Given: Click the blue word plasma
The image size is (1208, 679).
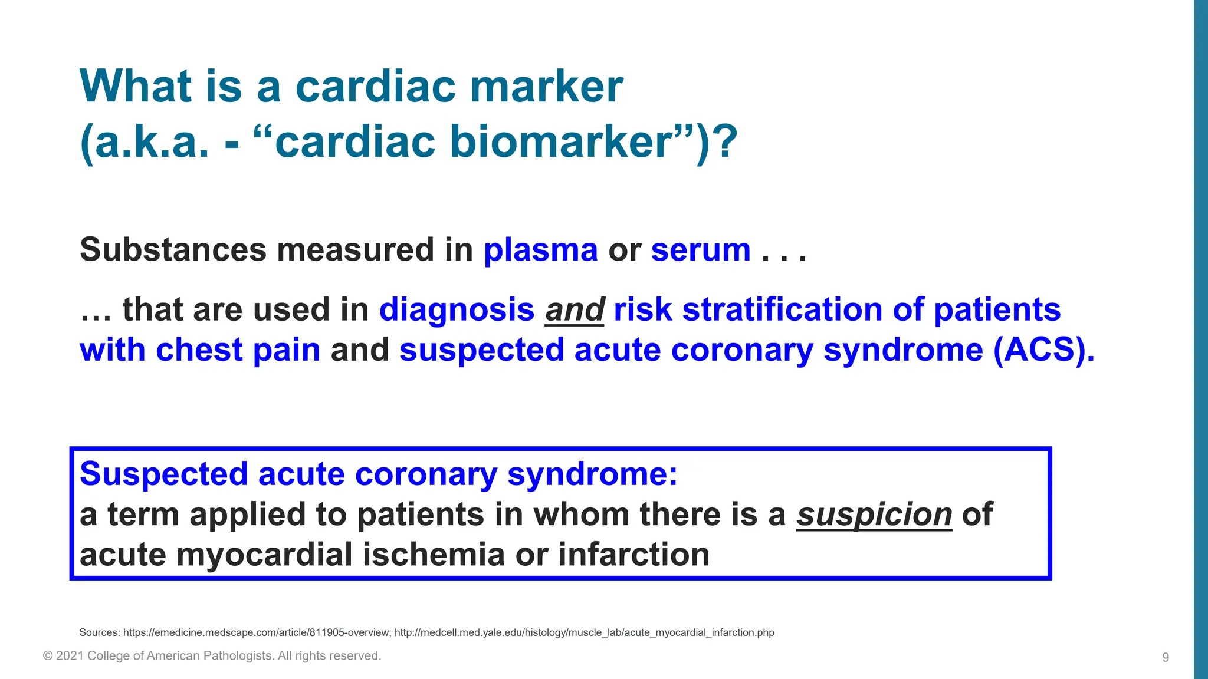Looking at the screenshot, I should coord(540,250).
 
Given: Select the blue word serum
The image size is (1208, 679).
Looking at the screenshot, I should coord(701,250).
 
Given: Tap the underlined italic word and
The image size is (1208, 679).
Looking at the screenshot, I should coord(575,310).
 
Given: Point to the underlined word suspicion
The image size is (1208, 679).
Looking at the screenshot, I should coord(874,515).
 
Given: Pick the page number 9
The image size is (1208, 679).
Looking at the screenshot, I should coord(1166,657).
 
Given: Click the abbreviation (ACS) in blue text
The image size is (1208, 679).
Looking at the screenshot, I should coord(1043,350).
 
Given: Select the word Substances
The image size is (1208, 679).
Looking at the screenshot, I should coord(173,250).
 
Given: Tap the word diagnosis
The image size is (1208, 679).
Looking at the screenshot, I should coord(457,310).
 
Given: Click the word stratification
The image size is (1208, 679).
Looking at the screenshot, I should coord(782,310).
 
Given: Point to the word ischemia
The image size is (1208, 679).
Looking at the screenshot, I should coord(434,555).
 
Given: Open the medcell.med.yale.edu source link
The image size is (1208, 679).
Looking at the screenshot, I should coord(584,632).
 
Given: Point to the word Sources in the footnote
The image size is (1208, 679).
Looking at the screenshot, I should coord(99,632).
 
